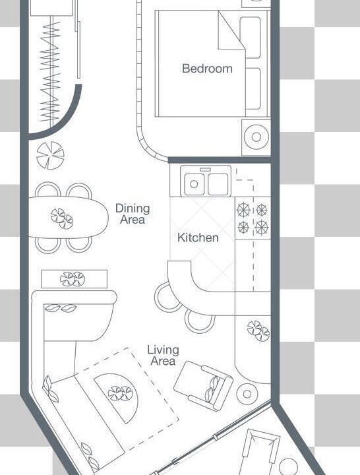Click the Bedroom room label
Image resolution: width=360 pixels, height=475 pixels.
tap(207, 69)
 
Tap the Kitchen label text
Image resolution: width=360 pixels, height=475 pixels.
tap(198, 237)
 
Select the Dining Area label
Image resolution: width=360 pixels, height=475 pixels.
tap(133, 214)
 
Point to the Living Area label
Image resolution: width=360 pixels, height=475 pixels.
tap(163, 356)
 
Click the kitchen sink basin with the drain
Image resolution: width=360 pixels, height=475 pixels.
tap(194, 184)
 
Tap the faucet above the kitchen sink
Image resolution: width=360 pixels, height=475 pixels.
tap(206, 169)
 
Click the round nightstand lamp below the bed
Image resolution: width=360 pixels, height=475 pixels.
tap(256, 137)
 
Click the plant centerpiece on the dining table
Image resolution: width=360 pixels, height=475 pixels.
tap(62, 218)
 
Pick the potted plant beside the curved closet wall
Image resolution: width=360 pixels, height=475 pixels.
tap(50, 156)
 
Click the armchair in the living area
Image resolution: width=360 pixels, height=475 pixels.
tap(203, 386)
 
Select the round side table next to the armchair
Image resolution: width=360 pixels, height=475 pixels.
tap(247, 394)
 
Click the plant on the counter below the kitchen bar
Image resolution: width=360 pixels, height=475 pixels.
tap(258, 331)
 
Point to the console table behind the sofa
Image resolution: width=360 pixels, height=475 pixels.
tap(75, 278)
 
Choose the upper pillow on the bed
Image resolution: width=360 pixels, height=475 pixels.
tap(251, 37)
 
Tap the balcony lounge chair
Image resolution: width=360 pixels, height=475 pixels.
tap(260, 452)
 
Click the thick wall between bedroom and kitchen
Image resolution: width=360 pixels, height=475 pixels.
tap(219, 160)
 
